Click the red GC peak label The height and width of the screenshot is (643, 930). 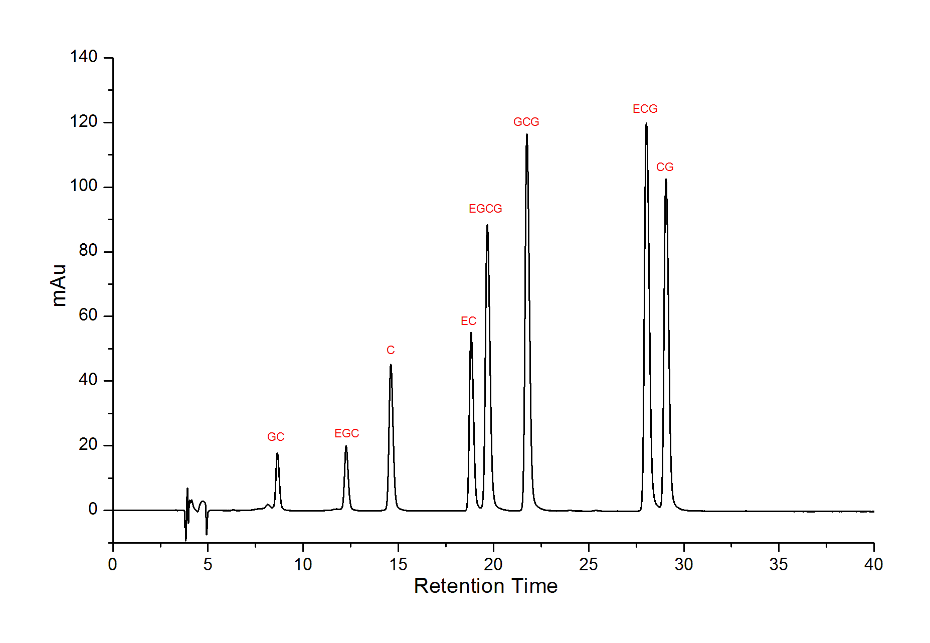pyautogui.click(x=276, y=437)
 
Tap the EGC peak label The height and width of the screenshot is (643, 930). pyautogui.click(x=346, y=433)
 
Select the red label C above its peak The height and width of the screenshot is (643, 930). pyautogui.click(x=391, y=350)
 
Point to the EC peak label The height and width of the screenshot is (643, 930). pyautogui.click(x=468, y=321)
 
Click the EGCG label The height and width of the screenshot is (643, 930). pyautogui.click(x=485, y=209)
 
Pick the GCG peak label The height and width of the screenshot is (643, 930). pyautogui.click(x=526, y=122)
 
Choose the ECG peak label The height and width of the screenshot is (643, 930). pyautogui.click(x=645, y=109)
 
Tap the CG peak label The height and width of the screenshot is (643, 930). pyautogui.click(x=665, y=167)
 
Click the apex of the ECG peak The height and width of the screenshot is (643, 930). pyautogui.click(x=646, y=124)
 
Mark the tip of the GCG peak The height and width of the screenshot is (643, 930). pyautogui.click(x=527, y=134)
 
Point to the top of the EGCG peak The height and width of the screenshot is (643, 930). pyautogui.click(x=487, y=225)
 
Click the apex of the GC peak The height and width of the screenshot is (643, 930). pyautogui.click(x=277, y=453)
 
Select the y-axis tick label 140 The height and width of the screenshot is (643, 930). pyautogui.click(x=84, y=57)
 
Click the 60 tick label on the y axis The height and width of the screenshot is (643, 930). pyautogui.click(x=88, y=315)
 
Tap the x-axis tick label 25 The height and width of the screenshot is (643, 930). pyautogui.click(x=588, y=565)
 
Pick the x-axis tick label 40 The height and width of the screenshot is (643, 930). pyautogui.click(x=873, y=565)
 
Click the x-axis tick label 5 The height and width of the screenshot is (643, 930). pyautogui.click(x=208, y=565)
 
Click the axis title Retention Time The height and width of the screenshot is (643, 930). pyautogui.click(x=485, y=586)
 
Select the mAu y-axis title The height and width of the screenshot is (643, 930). pyautogui.click(x=59, y=285)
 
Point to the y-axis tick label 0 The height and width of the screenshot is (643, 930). pyautogui.click(x=93, y=509)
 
